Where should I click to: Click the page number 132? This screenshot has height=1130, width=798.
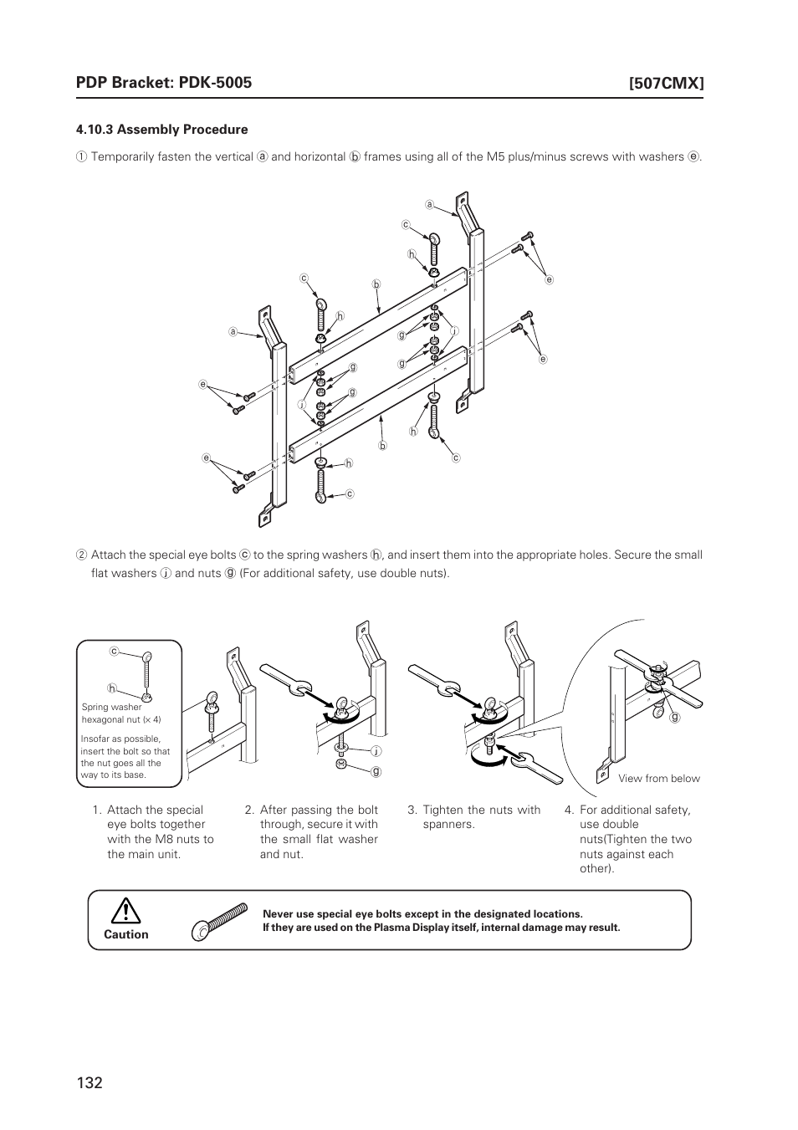coord(89,1082)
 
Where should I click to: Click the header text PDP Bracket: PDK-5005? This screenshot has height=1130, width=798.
coord(163,82)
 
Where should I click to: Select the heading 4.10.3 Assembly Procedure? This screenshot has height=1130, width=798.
coord(161,130)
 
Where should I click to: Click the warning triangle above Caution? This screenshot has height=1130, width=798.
coord(125,910)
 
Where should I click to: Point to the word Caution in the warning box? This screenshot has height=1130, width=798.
coord(125,934)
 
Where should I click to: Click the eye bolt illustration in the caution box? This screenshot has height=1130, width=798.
coord(219,919)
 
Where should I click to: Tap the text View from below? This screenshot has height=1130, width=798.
coord(658,779)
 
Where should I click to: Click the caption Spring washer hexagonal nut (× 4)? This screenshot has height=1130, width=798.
coord(121,713)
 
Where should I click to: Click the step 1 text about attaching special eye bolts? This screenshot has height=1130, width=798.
coord(160,831)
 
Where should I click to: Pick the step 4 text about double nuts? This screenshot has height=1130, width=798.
coord(635,838)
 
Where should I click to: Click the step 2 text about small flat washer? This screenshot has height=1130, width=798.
coord(318,831)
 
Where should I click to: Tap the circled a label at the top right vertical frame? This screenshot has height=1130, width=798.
coord(428,204)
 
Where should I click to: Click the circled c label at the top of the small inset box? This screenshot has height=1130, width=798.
coord(112,651)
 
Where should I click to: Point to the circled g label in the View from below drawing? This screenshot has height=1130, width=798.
coord(674,718)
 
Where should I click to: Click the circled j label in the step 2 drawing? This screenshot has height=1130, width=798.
coord(376,750)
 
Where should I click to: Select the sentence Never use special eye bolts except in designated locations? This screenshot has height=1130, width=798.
coord(422,914)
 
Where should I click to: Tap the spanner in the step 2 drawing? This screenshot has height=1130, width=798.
coord(285,680)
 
